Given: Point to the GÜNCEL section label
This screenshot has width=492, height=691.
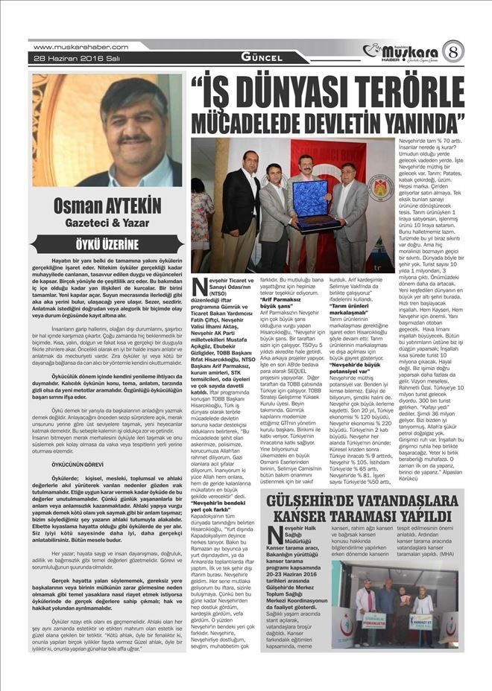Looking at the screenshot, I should click(262, 57).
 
